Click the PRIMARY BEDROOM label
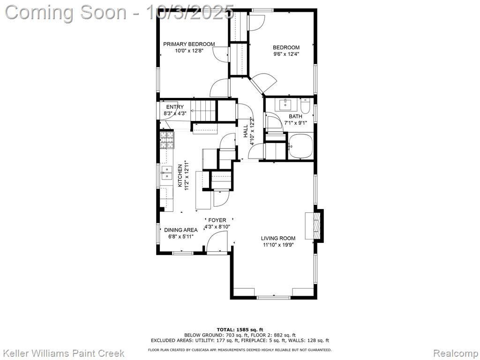pyautogui.click(x=189, y=44)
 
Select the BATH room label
pyautogui.click(x=295, y=116)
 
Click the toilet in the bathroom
pyautogui.click(x=305, y=106)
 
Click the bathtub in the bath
pyautogui.click(x=300, y=146)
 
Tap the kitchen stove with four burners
pyautogui.click(x=167, y=140)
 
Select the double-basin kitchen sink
pyautogui.click(x=167, y=172)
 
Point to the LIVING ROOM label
pyautogui.click(x=278, y=238)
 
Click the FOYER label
pyautogui.click(x=217, y=220)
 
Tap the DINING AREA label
pyautogui.click(x=181, y=230)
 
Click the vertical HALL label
pyautogui.click(x=246, y=131)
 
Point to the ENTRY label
pyautogui.click(x=175, y=107)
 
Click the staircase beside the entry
pyautogui.click(x=204, y=111)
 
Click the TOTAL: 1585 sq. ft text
pyautogui.click(x=240, y=330)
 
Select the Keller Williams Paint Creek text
pyautogui.click(x=63, y=353)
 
